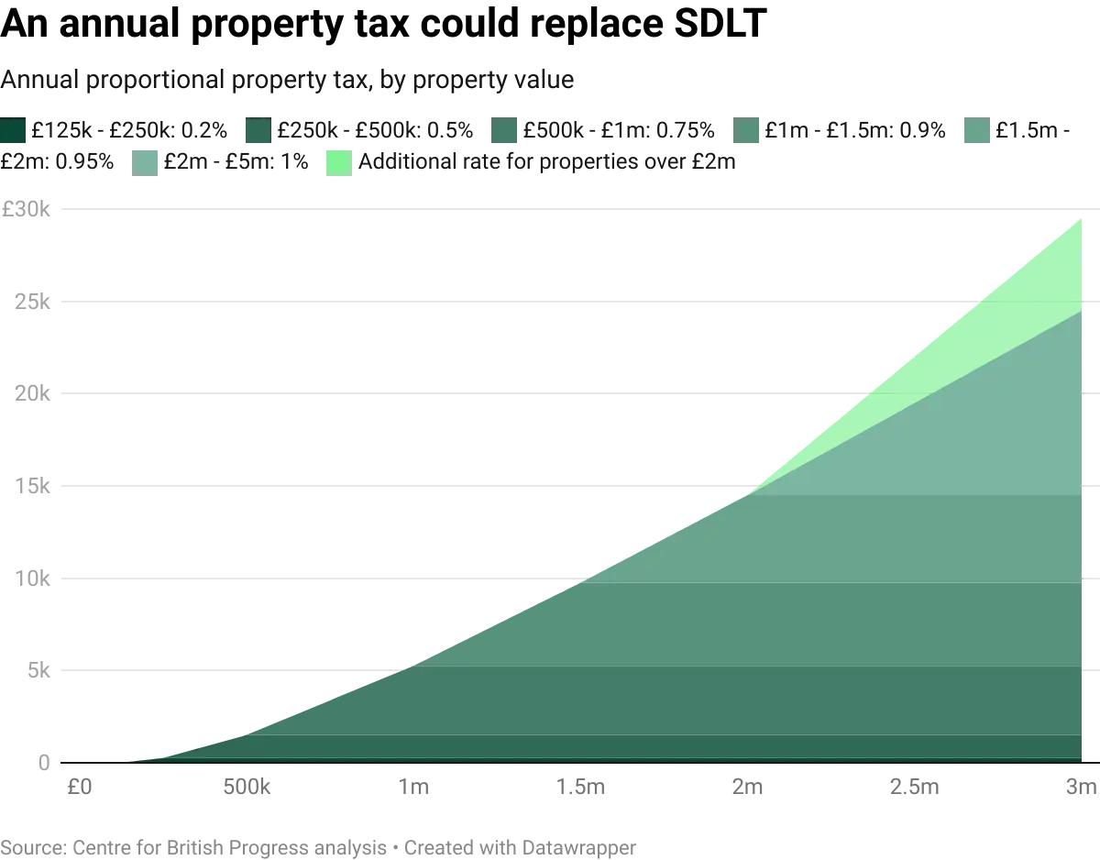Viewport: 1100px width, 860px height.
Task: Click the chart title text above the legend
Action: tap(289, 83)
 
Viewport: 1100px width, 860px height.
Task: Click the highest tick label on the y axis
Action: tap(27, 210)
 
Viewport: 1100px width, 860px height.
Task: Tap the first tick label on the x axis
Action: tap(79, 788)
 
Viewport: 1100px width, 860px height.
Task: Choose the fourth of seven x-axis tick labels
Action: tap(581, 788)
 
